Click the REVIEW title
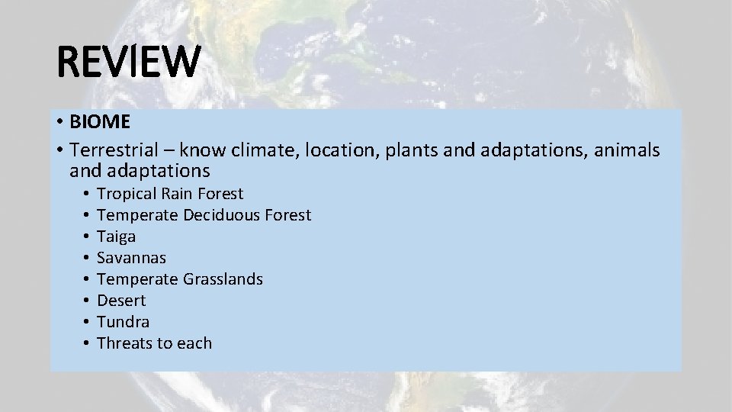pyautogui.click(x=128, y=63)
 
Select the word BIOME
pyautogui.click(x=100, y=123)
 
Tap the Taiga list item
pyautogui.click(x=116, y=237)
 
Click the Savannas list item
pyautogui.click(x=131, y=258)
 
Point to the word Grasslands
pyautogui.click(x=223, y=279)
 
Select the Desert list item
pyautogui.click(x=121, y=301)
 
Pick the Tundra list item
pyautogui.click(x=123, y=322)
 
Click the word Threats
pyautogui.click(x=125, y=343)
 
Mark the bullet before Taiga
pyautogui.click(x=88, y=237)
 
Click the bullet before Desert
pyautogui.click(x=88, y=301)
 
